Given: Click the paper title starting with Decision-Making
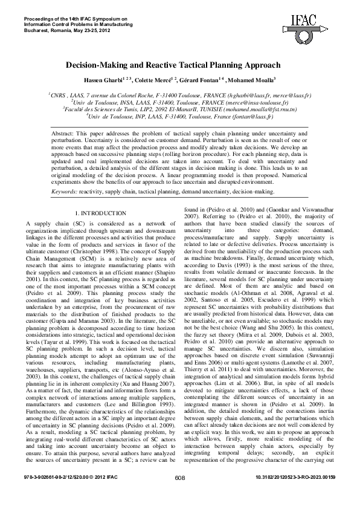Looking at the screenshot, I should (179, 65).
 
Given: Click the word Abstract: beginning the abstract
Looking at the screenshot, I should (65, 132).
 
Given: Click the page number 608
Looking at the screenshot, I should (179, 494).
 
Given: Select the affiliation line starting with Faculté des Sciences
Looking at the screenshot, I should (179, 109).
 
